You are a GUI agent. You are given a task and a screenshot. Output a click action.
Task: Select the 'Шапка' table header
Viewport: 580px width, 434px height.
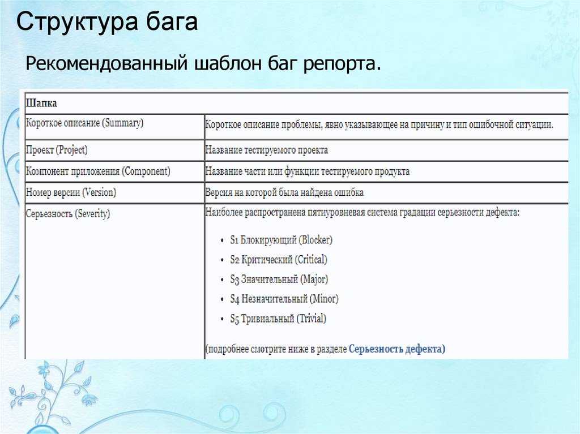41,104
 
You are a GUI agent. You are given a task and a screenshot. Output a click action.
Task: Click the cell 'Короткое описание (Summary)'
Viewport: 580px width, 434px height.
84,123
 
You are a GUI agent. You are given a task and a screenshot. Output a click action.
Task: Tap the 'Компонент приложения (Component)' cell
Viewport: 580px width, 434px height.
98,171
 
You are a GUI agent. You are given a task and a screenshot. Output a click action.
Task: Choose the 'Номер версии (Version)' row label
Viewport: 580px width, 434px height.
71,192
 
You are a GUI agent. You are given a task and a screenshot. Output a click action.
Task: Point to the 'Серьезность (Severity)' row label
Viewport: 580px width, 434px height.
68,214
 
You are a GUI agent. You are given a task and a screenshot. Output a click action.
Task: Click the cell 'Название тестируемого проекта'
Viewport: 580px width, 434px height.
267,151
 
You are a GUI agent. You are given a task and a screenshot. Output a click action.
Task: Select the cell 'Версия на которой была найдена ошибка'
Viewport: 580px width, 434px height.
284,192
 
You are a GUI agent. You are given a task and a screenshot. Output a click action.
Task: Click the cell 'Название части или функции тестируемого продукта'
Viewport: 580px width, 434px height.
308,171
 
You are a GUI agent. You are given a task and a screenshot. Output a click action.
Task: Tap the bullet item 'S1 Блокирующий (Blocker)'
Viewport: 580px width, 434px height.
281,240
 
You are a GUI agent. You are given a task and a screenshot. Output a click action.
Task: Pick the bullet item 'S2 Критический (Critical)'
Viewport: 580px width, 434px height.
279,260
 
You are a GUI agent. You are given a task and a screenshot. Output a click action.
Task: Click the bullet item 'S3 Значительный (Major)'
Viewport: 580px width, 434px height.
279,279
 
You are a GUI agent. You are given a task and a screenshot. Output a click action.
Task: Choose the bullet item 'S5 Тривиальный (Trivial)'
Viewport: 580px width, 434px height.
278,319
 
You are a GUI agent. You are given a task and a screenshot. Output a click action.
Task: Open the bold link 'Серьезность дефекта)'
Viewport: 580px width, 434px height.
397,349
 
